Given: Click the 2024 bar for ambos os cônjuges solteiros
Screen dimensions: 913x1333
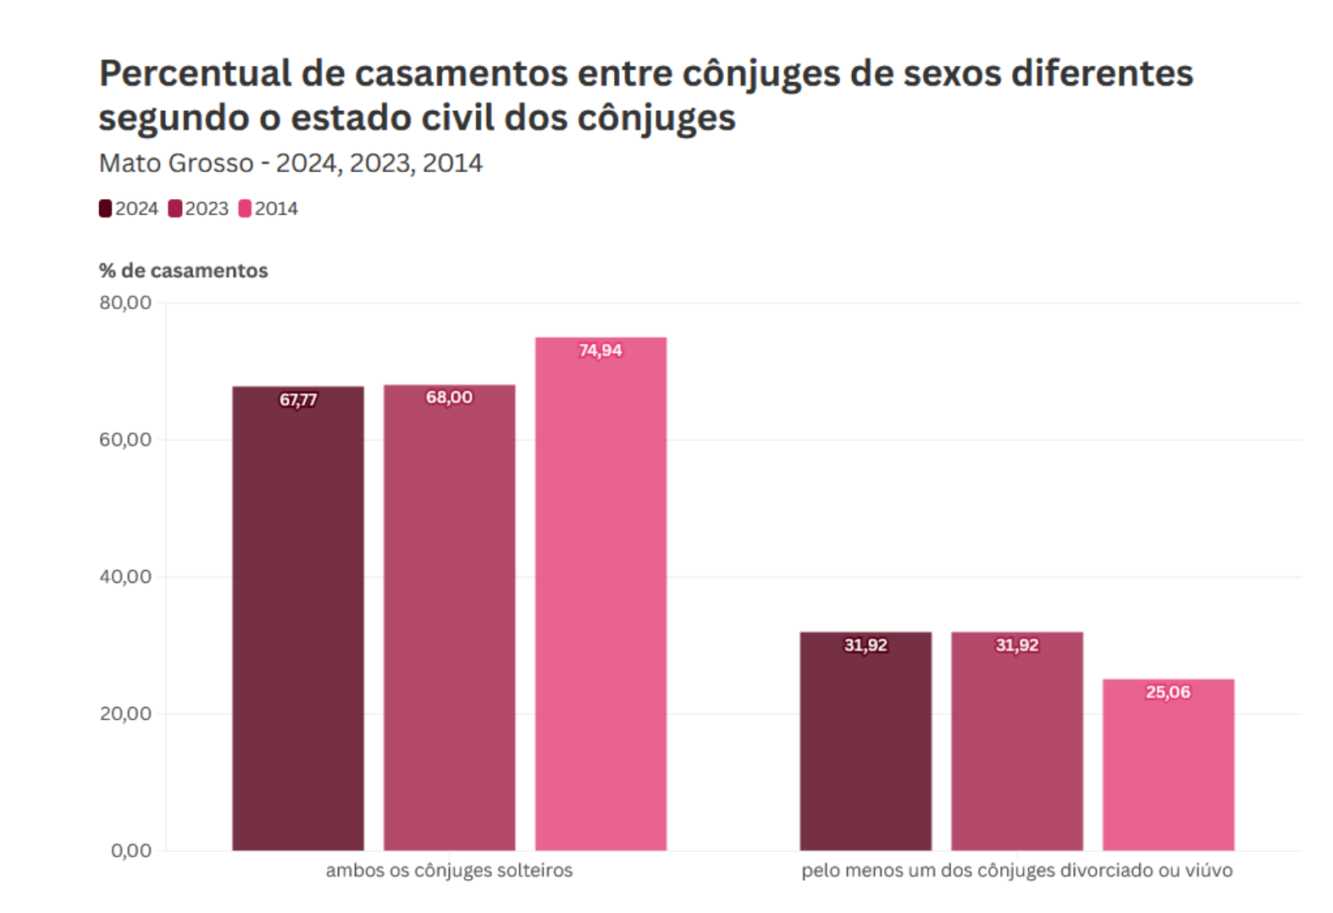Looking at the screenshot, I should tap(298, 618).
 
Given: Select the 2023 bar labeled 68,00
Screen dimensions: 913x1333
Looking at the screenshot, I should tap(449, 618).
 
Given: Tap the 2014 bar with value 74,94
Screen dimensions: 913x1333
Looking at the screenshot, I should tap(600, 593).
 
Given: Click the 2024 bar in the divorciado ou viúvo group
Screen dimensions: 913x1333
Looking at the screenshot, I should tap(866, 745).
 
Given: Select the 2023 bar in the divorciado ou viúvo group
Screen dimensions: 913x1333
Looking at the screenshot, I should tap(1016, 745).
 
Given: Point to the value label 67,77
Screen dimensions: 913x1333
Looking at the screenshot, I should tap(298, 400).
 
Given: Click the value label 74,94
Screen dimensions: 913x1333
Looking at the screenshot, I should tap(600, 350).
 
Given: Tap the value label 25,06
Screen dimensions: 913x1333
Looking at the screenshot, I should tap(1168, 692).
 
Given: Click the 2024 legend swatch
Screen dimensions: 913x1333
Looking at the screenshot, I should tap(105, 208).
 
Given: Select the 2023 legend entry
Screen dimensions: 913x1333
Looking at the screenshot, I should tap(199, 208).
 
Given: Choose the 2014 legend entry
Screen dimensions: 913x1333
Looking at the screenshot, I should tap(268, 208).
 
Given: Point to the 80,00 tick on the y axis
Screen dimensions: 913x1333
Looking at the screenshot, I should tap(125, 302).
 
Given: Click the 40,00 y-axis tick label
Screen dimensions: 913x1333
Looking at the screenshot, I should tap(125, 577).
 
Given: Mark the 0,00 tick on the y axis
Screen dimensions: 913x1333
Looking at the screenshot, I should tap(131, 850).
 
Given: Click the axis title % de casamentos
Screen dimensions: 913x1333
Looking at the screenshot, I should tap(183, 270).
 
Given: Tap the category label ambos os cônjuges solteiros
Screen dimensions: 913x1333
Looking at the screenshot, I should tap(449, 870).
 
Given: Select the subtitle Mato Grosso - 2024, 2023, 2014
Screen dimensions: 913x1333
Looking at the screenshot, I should tap(290, 163).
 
